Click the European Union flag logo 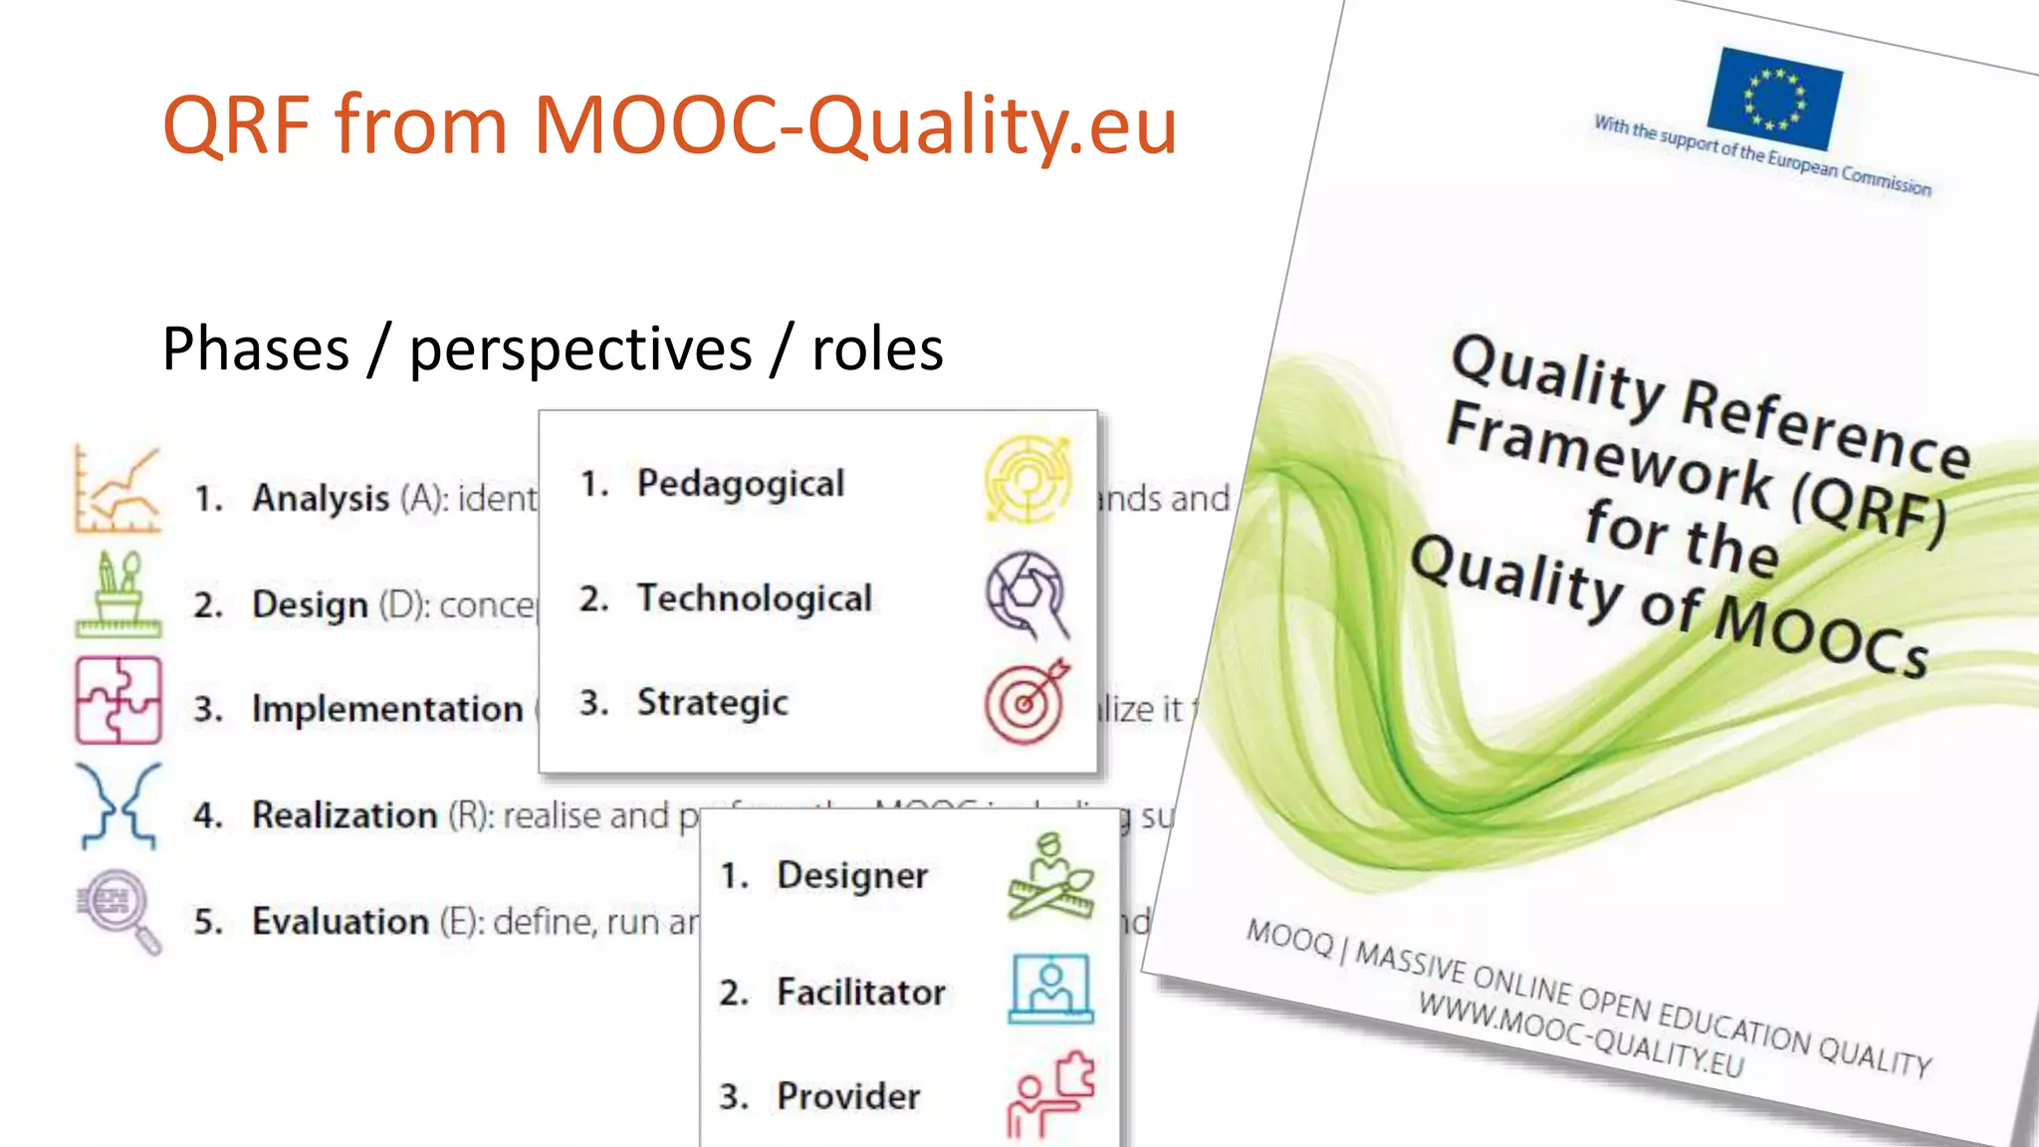(1774, 99)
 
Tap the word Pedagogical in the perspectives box (740, 483)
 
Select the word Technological (754, 598)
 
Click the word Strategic (712, 703)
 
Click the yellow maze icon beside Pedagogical (1027, 479)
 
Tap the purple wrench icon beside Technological (1026, 594)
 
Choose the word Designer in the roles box (851, 876)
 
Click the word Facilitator (860, 993)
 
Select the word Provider (848, 1096)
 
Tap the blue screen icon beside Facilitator (1050, 989)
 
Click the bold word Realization (344, 815)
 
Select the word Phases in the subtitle (256, 349)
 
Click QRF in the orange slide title (237, 125)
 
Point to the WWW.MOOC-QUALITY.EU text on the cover (1581, 1035)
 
